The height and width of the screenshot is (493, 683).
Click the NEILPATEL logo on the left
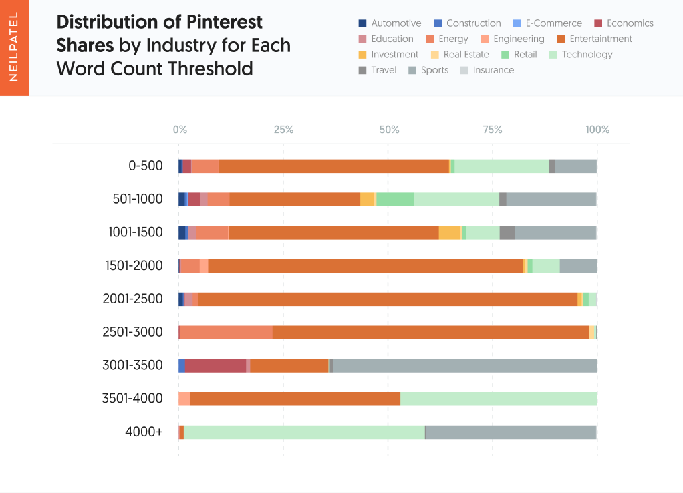point(14,47)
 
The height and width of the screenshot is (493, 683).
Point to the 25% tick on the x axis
point(283,130)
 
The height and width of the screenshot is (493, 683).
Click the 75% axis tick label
point(493,130)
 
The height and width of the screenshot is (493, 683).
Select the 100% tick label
point(597,130)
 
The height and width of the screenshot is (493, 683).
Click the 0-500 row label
point(146,166)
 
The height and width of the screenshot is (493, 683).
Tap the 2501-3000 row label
point(132,332)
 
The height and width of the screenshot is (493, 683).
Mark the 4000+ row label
point(144,432)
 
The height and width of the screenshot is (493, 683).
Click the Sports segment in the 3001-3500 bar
point(464,365)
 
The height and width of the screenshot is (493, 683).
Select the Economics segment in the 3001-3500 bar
point(215,365)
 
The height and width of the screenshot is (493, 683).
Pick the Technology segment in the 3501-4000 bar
point(499,399)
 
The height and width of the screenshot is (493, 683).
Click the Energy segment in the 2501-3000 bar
point(226,332)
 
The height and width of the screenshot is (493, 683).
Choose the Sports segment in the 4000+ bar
point(511,432)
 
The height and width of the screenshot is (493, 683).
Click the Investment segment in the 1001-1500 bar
point(450,232)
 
